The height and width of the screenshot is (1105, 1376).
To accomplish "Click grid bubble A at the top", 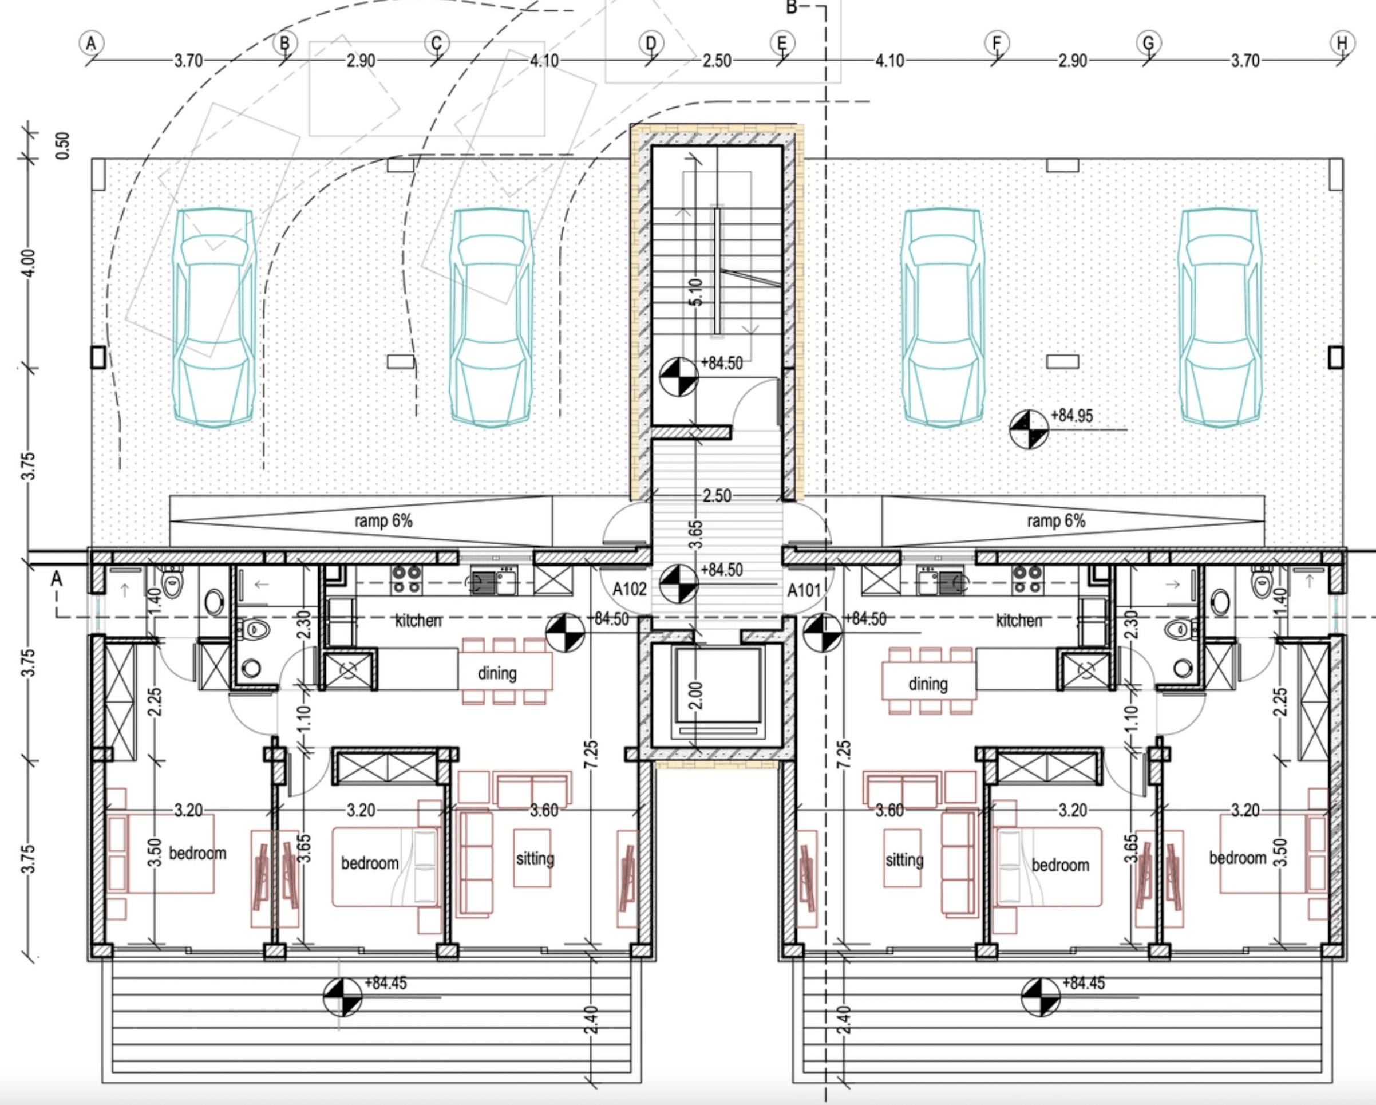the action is [91, 44].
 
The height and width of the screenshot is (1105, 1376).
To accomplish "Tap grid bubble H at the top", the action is [1342, 44].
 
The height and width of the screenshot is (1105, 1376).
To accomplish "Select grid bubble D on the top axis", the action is [650, 44].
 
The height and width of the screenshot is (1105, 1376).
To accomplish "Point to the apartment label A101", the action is [804, 590].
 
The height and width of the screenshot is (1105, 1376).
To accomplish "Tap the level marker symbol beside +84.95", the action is [1029, 429].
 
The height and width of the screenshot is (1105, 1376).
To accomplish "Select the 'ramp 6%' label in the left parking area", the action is [383, 521].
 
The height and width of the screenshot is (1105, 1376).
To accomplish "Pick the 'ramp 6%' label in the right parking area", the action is [1056, 521].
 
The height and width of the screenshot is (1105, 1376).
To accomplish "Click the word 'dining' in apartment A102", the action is [497, 673].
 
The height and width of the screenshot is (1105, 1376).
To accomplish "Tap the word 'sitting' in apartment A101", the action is [904, 860].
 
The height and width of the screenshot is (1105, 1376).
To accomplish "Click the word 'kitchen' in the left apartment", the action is [418, 620].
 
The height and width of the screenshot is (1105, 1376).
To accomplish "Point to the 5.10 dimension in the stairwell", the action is [695, 293].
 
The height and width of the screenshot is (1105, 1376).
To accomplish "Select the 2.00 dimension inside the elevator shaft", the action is [695, 695].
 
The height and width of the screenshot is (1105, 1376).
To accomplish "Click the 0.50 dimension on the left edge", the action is [62, 145].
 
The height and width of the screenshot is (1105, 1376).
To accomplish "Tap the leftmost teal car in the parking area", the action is [215, 317].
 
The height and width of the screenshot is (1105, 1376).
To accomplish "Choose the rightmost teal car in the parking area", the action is [1220, 317].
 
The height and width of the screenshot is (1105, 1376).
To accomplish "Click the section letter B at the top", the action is [792, 7].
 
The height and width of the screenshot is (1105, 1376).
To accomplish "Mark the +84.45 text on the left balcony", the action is [385, 983].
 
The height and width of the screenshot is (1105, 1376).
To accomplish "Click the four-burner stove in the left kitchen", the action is [406, 579].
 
